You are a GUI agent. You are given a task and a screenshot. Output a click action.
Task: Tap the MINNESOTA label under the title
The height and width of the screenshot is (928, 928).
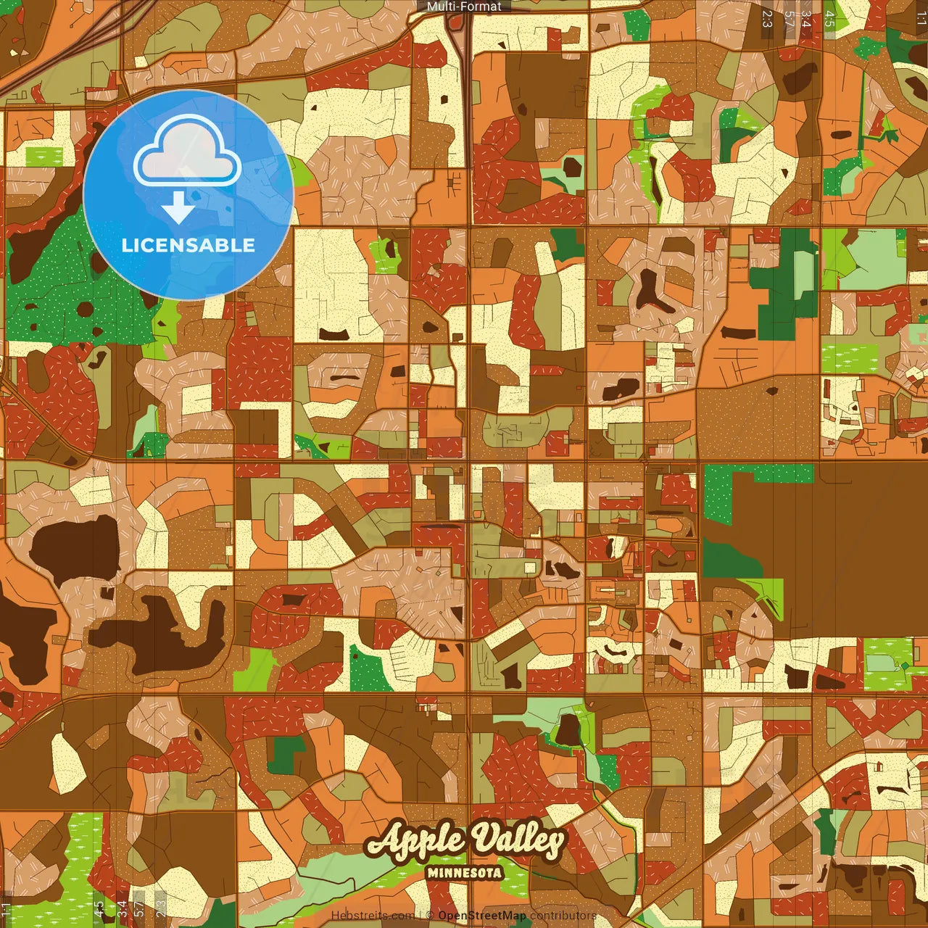pyautogui.click(x=465, y=872)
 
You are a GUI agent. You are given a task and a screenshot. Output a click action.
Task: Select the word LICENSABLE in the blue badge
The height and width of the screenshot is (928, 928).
pyautogui.click(x=188, y=245)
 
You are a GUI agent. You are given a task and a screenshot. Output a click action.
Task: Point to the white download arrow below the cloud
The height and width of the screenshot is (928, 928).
pyautogui.click(x=178, y=207)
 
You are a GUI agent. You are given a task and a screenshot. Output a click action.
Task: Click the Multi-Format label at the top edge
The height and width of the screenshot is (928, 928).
pyautogui.click(x=464, y=7)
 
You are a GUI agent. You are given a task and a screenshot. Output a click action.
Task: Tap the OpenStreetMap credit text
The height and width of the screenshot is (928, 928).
pyautogui.click(x=482, y=916)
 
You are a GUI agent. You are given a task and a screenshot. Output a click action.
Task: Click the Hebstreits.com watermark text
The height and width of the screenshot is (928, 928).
pyautogui.click(x=373, y=916)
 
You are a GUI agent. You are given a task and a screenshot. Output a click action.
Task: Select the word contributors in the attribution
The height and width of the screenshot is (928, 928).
pyautogui.click(x=563, y=916)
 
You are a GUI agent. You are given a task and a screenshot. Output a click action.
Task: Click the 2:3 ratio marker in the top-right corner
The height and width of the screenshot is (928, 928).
pyautogui.click(x=767, y=19)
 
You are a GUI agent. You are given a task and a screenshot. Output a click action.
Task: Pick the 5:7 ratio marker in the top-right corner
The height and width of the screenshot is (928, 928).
pyautogui.click(x=790, y=19)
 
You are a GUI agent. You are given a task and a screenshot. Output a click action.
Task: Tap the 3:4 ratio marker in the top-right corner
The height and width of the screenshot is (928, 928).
pyautogui.click(x=806, y=19)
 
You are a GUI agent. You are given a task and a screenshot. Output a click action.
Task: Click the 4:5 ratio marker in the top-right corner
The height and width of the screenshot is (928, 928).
pyautogui.click(x=829, y=19)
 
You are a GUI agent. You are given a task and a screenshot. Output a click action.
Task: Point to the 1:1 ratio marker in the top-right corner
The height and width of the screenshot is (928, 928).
pyautogui.click(x=921, y=19)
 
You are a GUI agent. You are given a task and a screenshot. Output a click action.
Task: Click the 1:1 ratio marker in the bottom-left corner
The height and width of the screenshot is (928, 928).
pyautogui.click(x=7, y=909)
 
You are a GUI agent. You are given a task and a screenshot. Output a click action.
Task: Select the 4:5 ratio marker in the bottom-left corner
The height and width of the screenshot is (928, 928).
pyautogui.click(x=99, y=909)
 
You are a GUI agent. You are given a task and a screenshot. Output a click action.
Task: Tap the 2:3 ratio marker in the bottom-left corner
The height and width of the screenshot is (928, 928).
pyautogui.click(x=161, y=909)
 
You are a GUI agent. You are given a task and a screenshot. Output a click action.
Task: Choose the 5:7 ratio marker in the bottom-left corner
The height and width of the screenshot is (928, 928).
pyautogui.click(x=138, y=909)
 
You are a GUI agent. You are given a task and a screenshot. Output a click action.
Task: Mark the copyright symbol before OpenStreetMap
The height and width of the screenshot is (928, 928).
pyautogui.click(x=430, y=916)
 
